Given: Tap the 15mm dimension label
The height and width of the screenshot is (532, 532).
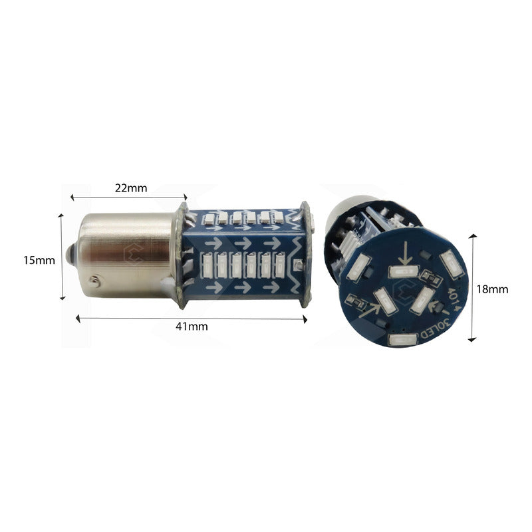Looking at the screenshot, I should tap(39, 260).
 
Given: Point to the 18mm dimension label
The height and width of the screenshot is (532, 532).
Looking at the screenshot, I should tap(493, 289).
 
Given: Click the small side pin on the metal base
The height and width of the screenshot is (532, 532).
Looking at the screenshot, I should tap(96, 282).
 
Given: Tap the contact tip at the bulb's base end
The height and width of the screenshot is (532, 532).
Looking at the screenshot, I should tap(70, 255).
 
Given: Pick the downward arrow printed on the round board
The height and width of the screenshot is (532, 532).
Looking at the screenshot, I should tap(405, 253).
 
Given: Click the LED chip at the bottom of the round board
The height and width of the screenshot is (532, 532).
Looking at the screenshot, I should tap(400, 341).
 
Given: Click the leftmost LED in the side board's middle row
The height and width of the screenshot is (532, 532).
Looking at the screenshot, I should tap(206, 265).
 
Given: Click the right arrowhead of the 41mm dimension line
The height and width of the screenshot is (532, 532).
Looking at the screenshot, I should tap(307, 319).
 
